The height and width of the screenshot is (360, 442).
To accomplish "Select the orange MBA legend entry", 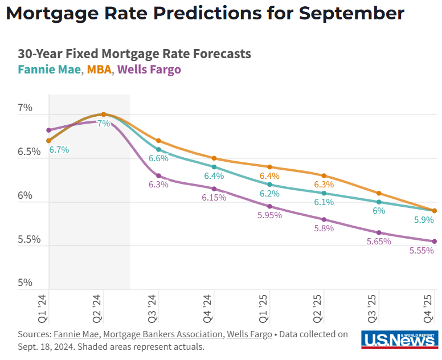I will (x=99, y=70).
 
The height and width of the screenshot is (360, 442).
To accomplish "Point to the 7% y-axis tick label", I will (x=25, y=108).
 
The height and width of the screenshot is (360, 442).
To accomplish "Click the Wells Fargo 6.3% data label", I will (x=158, y=185).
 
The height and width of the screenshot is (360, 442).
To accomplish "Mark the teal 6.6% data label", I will (x=158, y=158).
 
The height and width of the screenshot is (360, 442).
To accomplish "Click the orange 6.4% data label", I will (x=269, y=176).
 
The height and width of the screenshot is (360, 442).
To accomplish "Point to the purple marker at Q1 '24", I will (x=49, y=130).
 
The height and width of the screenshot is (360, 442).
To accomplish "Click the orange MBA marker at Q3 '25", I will (x=379, y=193).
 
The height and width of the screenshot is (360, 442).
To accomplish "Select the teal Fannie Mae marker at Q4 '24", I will (x=214, y=167).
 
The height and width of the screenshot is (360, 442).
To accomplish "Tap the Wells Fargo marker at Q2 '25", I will (x=324, y=219).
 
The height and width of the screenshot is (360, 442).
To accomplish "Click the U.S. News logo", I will (x=399, y=340).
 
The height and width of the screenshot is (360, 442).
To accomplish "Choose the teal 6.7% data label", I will (x=59, y=150).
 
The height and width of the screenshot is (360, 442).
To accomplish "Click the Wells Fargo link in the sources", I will (x=249, y=334).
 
